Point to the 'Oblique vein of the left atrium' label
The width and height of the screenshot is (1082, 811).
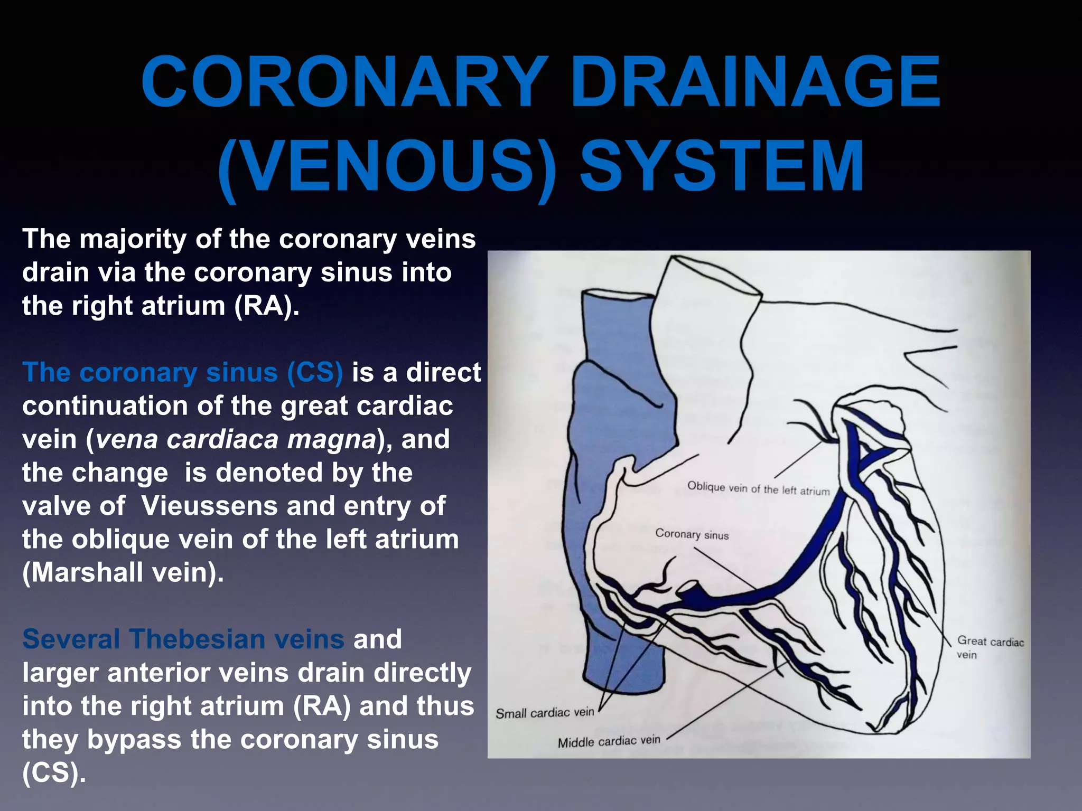[x=758, y=488]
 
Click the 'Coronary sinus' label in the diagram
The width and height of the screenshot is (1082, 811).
[x=692, y=534]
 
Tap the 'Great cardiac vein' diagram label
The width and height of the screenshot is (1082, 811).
[x=990, y=647]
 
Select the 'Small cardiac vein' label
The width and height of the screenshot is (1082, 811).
[x=545, y=713]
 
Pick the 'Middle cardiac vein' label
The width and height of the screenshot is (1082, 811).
[x=609, y=741]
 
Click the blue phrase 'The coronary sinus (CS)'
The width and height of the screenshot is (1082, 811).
[x=182, y=372]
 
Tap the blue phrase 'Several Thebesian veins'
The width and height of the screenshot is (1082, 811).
[x=183, y=639]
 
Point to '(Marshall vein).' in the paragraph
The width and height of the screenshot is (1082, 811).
[x=123, y=572]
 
